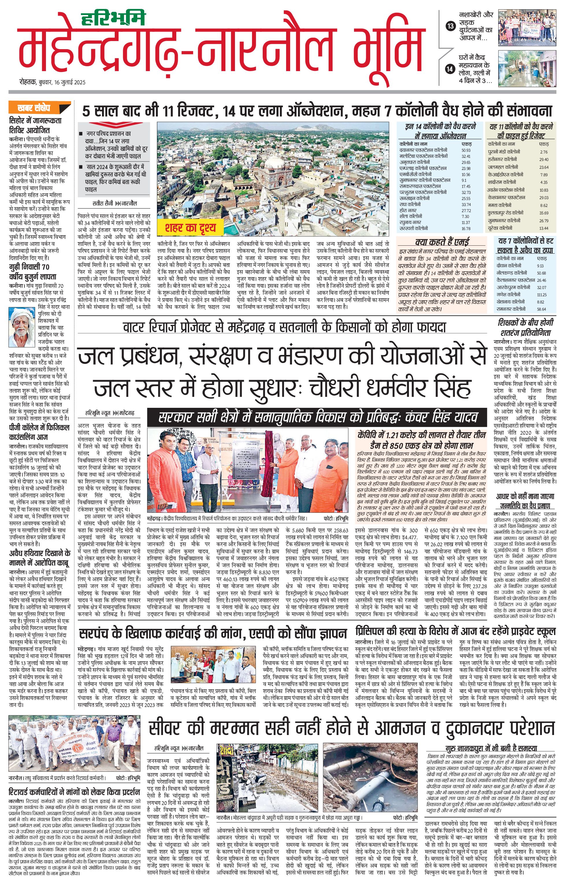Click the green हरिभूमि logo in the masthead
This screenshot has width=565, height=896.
point(113,18)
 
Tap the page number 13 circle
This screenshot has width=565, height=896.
point(451,26)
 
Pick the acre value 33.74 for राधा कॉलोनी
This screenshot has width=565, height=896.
point(466,204)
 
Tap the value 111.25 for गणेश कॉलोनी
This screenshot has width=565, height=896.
point(542,295)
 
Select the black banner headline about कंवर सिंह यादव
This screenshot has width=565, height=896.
point(317,417)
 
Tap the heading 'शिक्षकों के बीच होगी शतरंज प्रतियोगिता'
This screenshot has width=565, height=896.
point(525,327)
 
